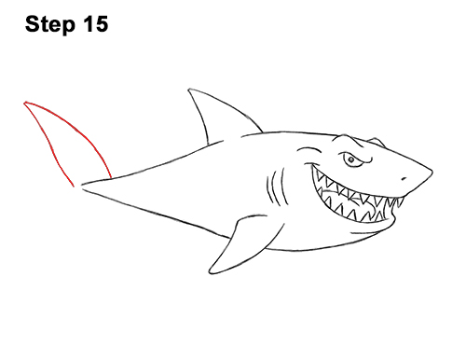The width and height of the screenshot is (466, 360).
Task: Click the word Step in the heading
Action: click(x=50, y=25)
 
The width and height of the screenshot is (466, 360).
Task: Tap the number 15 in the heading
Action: click(x=95, y=24)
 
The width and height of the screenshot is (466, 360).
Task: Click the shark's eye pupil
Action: click(x=351, y=159)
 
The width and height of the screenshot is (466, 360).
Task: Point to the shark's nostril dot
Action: click(x=404, y=179)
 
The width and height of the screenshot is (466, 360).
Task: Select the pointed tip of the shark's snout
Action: click(x=432, y=171)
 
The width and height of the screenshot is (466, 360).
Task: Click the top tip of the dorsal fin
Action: click(x=189, y=90)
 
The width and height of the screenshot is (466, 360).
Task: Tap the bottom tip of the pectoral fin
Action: click(x=210, y=272)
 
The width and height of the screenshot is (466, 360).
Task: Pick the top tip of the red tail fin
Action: click(x=25, y=103)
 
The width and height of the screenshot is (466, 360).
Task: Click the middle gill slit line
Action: click(x=275, y=187)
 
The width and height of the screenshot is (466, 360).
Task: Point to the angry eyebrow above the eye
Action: click(x=356, y=156)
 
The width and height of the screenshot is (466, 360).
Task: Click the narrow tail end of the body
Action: click(x=82, y=186)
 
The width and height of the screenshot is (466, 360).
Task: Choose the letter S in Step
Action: click(x=34, y=24)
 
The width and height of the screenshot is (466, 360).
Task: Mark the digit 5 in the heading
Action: click(x=101, y=24)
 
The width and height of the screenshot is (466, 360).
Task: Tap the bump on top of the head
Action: click(x=377, y=141)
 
